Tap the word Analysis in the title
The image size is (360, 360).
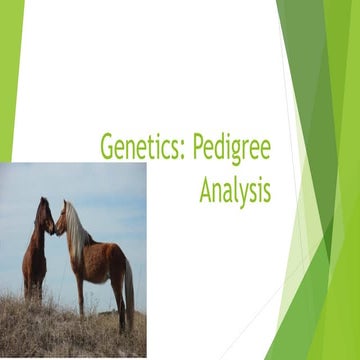point(235,189)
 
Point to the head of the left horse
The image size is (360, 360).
point(44,216)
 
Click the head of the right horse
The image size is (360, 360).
point(63,217)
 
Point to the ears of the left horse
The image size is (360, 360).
point(41,201)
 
